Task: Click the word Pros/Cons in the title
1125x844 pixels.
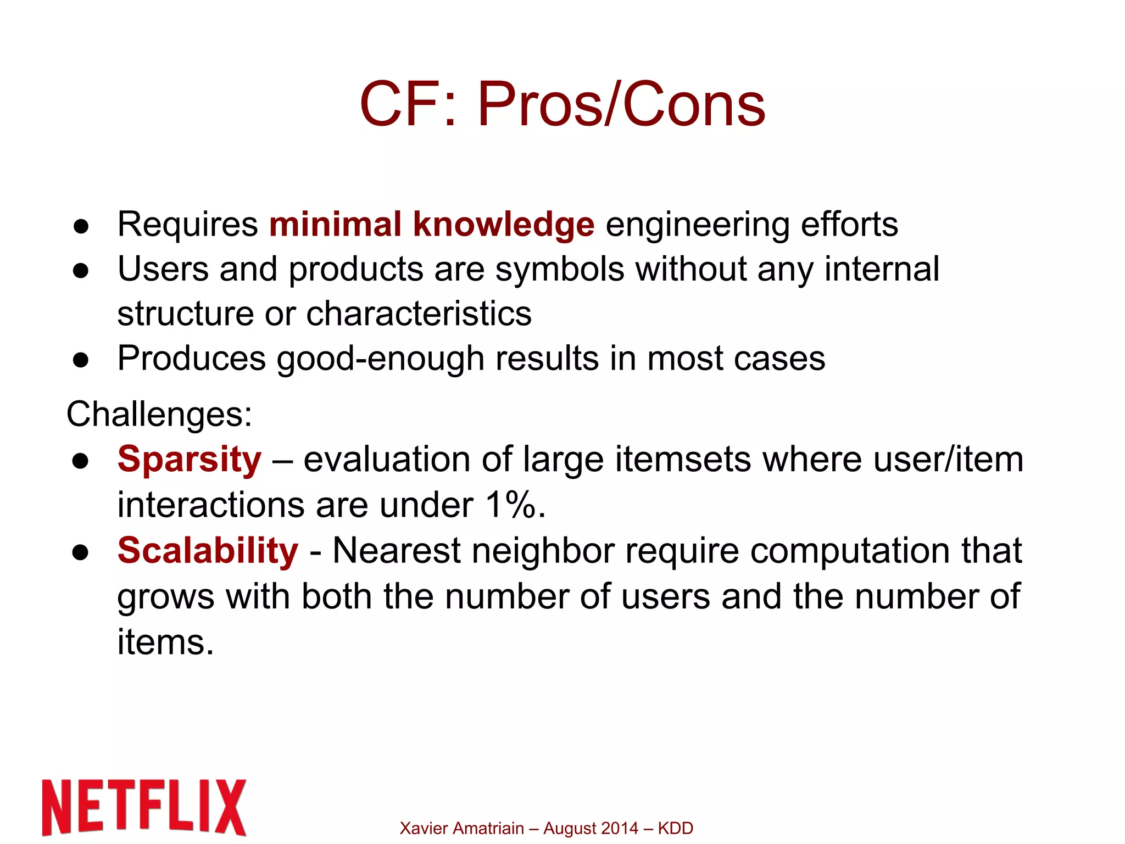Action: tap(621, 104)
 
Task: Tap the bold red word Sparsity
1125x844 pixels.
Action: tap(189, 459)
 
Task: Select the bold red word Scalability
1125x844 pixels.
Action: tap(208, 550)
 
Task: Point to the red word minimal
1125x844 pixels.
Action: tap(335, 224)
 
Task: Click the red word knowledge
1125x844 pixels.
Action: tap(503, 224)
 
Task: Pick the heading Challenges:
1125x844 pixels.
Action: tap(159, 413)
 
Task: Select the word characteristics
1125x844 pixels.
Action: tap(419, 314)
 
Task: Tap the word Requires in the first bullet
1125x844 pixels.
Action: tap(187, 224)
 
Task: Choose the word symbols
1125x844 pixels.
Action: tap(560, 269)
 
